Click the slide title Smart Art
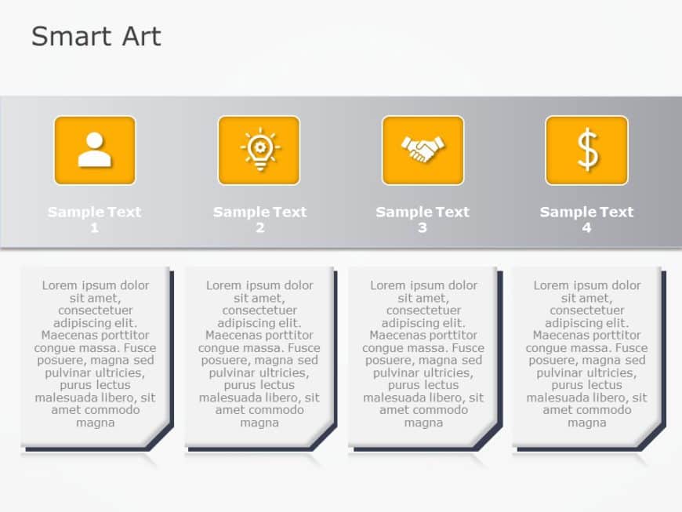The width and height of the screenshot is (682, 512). (96, 37)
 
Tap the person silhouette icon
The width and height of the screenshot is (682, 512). (95, 150)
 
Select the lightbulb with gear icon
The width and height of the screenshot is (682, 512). (259, 150)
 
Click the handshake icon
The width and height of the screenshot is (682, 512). (423, 150)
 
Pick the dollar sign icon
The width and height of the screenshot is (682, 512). (586, 150)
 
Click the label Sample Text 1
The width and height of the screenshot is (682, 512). (94, 212)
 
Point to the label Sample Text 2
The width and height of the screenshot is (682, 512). (259, 212)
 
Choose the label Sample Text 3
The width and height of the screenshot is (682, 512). (423, 212)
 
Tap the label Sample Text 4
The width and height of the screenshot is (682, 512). (586, 212)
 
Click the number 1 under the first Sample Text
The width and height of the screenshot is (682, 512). (95, 228)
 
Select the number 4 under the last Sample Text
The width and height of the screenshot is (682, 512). (586, 228)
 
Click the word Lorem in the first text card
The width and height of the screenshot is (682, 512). (60, 285)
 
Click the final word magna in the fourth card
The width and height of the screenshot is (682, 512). (586, 423)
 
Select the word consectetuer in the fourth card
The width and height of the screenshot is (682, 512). (587, 310)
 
